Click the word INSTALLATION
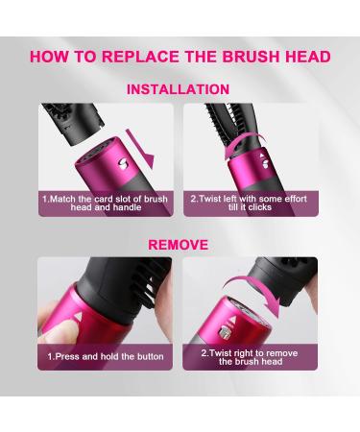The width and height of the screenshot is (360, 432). click(x=179, y=89)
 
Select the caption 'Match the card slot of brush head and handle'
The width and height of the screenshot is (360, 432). click(x=105, y=203)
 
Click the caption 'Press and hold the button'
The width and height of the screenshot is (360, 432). click(x=106, y=356)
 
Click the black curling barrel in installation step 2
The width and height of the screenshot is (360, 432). click(x=230, y=121)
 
